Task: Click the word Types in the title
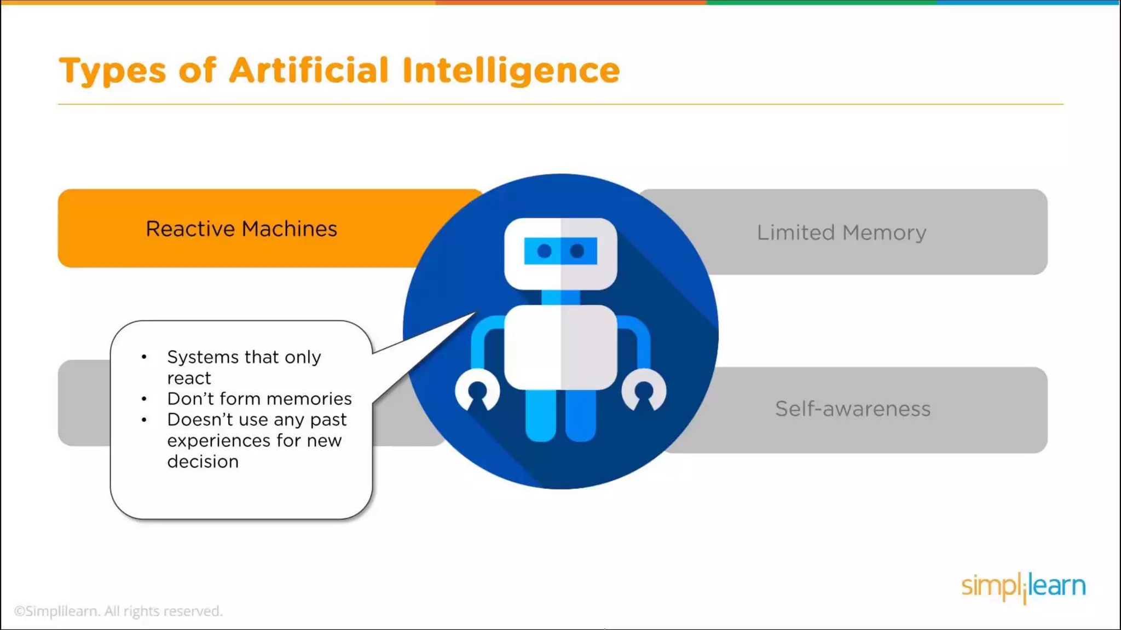(x=112, y=71)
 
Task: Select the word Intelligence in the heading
(x=511, y=71)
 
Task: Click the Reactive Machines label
(x=241, y=229)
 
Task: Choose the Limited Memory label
(x=841, y=232)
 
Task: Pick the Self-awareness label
(x=852, y=409)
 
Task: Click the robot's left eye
(x=544, y=251)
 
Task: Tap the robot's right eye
(x=577, y=251)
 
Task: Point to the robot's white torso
(x=560, y=347)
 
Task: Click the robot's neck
(x=560, y=297)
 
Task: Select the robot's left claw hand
(x=477, y=389)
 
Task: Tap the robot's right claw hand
(x=644, y=389)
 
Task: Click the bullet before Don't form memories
(x=144, y=399)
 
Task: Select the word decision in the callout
(x=203, y=462)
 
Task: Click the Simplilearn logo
(x=1023, y=587)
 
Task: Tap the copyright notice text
(x=118, y=611)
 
